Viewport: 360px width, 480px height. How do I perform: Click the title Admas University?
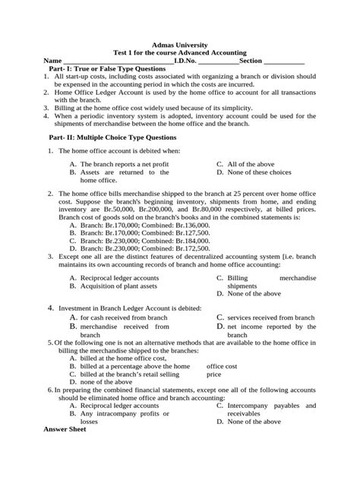click(180, 46)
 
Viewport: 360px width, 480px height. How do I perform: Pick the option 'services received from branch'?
click(270, 317)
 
